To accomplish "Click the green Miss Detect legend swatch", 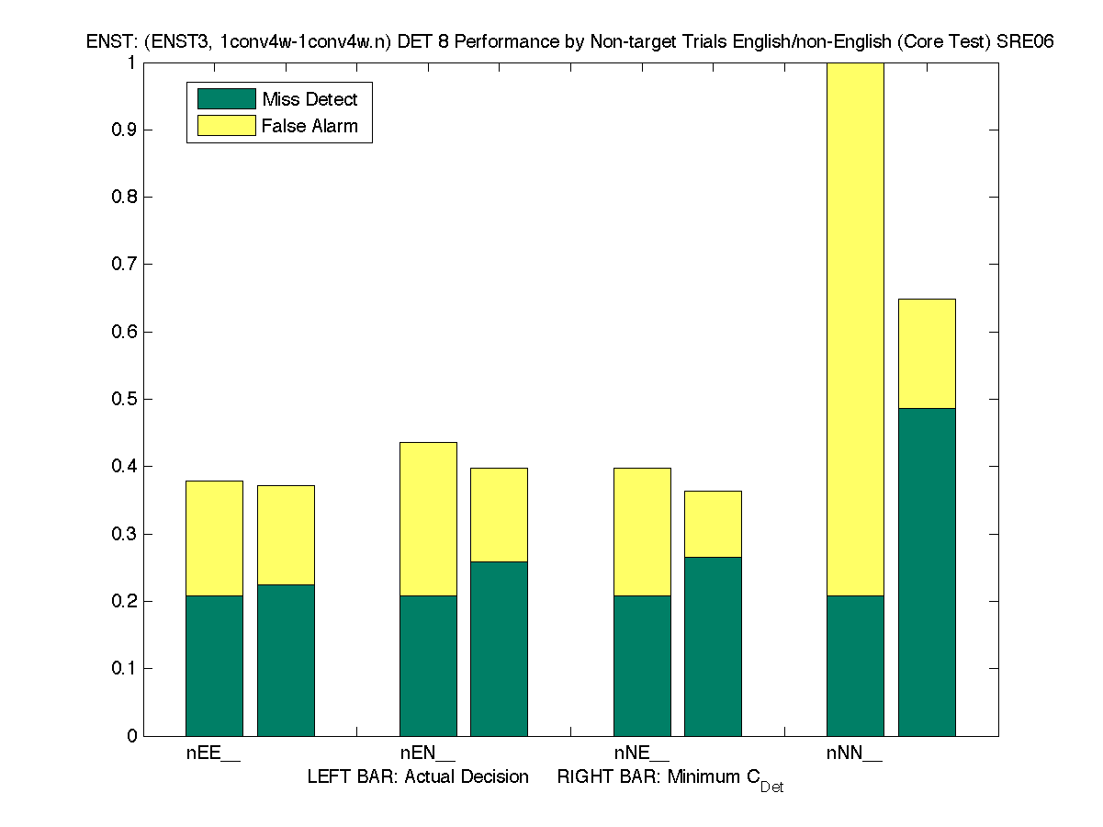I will (x=226, y=99).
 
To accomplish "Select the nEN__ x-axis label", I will (x=427, y=753).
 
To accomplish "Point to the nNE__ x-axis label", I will (x=641, y=753).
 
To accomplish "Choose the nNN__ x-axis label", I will (x=854, y=753).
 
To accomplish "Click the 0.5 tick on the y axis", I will (x=125, y=399).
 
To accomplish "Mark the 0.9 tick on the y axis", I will (x=125, y=130).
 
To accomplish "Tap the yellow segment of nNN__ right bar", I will (x=927, y=354).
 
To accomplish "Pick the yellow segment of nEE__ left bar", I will (x=214, y=538).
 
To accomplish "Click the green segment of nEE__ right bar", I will (x=286, y=660).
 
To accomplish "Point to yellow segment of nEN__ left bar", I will (x=428, y=519).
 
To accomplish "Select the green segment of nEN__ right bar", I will (x=499, y=649).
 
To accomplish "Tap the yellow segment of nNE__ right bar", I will (x=713, y=524).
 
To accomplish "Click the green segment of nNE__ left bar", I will (x=642, y=665).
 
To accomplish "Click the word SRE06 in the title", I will (x=1027, y=42).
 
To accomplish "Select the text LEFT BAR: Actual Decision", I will (x=418, y=776).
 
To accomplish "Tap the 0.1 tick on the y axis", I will (x=125, y=668).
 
